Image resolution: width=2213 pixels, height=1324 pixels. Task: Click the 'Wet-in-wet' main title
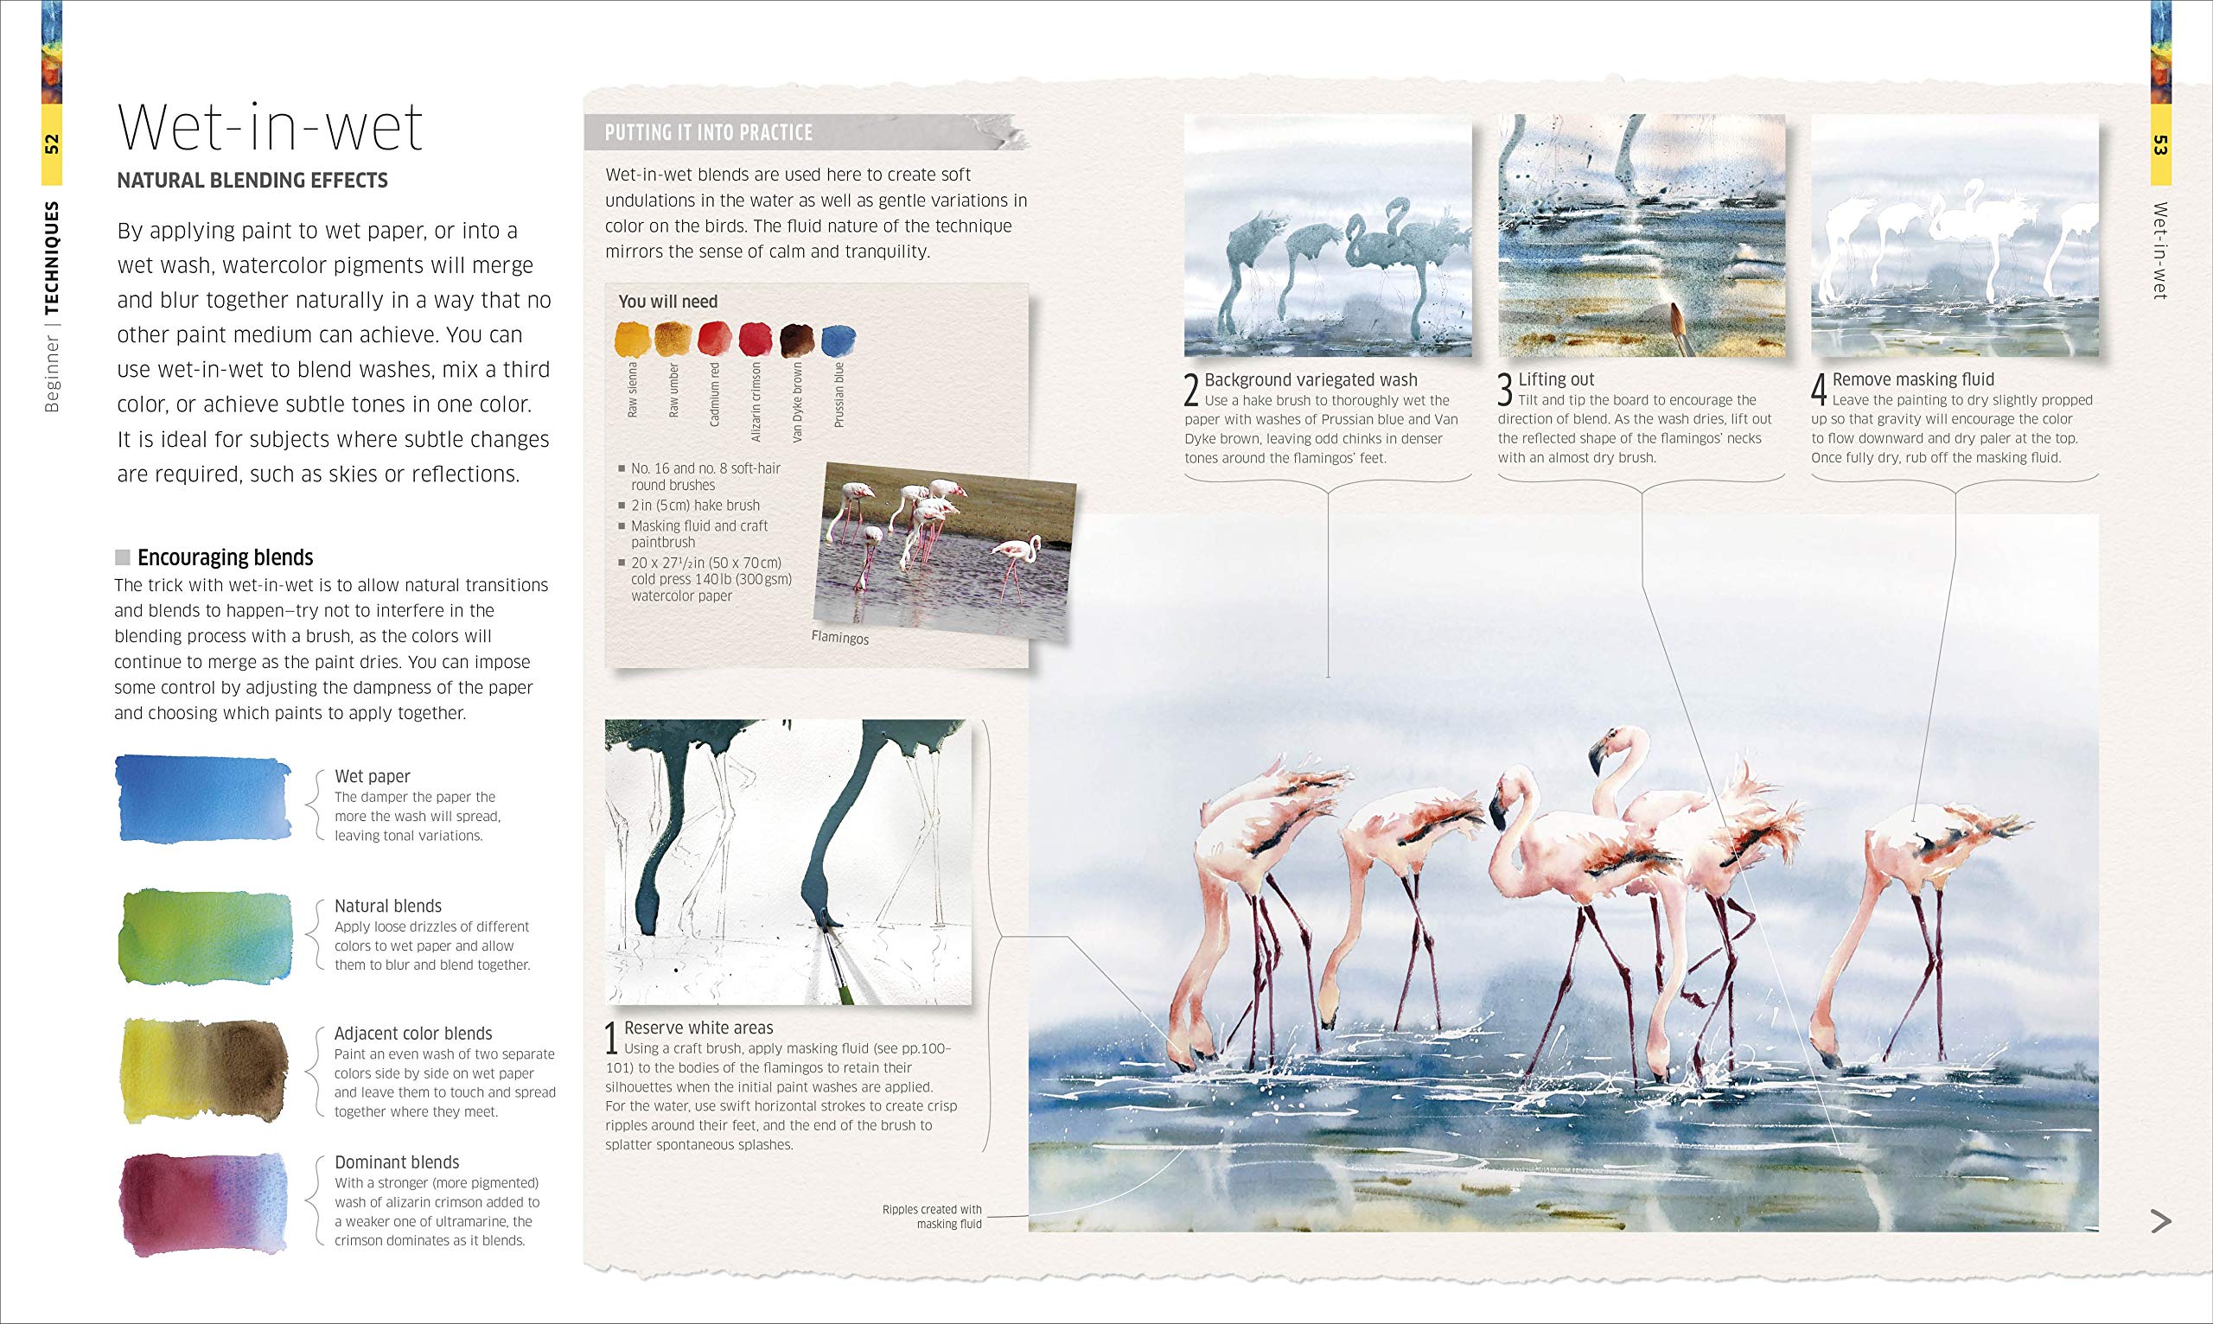tap(271, 129)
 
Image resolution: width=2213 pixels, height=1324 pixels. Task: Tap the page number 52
tap(52, 143)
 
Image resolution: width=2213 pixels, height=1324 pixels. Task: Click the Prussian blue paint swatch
tap(838, 340)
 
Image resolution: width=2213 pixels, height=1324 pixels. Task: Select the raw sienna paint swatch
tap(633, 340)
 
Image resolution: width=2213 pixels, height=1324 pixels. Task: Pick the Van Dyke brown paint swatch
tap(797, 340)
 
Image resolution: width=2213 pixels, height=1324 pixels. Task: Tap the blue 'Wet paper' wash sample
tap(203, 799)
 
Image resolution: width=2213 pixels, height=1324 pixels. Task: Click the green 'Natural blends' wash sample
tap(205, 937)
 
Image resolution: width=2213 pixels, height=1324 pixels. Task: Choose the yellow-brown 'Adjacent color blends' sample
tap(203, 1070)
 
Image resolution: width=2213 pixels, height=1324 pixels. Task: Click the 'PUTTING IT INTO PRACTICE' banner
tap(710, 133)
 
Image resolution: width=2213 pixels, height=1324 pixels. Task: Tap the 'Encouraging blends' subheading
tap(225, 557)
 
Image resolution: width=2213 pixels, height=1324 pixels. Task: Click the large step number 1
tap(612, 1039)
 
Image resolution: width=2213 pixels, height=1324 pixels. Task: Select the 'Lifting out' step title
tap(1556, 379)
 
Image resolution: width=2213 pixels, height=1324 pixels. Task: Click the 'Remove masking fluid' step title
tap(1913, 379)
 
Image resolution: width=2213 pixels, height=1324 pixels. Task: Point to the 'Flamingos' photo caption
tap(839, 637)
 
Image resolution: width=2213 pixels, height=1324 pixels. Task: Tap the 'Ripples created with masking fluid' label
tap(932, 1217)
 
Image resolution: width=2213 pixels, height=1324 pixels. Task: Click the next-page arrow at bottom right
tap(2160, 1220)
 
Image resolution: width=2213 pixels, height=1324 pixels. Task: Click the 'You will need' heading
tap(668, 302)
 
